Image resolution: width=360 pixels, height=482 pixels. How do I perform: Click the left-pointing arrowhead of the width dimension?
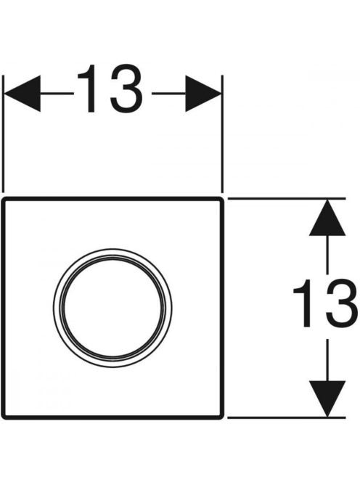tap(22, 94)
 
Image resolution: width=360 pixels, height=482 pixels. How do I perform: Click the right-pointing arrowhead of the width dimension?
tap(203, 94)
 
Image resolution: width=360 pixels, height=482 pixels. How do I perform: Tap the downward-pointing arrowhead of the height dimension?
tap(327, 399)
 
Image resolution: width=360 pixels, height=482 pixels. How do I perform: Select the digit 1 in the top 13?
tap(88, 89)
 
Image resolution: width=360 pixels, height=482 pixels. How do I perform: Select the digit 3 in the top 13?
tap(126, 89)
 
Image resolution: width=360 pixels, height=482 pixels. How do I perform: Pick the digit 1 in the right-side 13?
tap(303, 303)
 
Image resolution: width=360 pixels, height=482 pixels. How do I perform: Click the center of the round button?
tap(112, 308)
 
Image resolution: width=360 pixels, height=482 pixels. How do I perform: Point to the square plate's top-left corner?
tap(3, 199)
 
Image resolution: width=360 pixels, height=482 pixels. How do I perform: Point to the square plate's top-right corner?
tap(221, 199)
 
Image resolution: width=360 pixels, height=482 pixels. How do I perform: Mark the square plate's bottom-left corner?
tap(3, 417)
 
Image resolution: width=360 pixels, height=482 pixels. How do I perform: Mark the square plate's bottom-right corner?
tap(221, 417)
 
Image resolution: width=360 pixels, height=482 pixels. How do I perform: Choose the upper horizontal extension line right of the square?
tap(287, 199)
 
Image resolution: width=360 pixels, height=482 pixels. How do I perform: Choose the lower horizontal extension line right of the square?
tap(287, 417)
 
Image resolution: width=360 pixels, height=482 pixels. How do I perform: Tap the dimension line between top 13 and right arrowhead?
tap(169, 94)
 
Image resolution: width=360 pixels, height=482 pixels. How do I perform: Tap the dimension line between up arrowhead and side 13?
tap(327, 255)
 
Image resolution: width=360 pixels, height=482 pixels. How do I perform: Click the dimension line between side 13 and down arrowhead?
tap(327, 359)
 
